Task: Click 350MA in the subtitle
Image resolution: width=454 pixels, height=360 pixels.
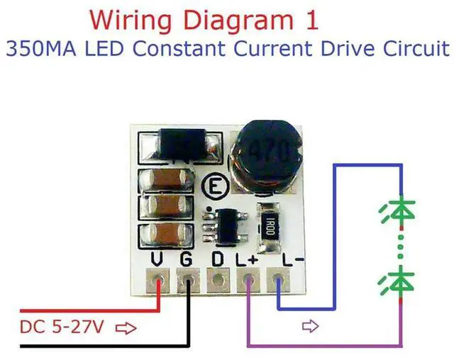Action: coord(37,50)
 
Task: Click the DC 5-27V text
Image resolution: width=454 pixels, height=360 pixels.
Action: coord(61,328)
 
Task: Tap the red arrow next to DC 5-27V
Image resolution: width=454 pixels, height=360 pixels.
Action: coord(125,328)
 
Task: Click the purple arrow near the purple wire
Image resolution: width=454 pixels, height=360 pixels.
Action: coord(310,327)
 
